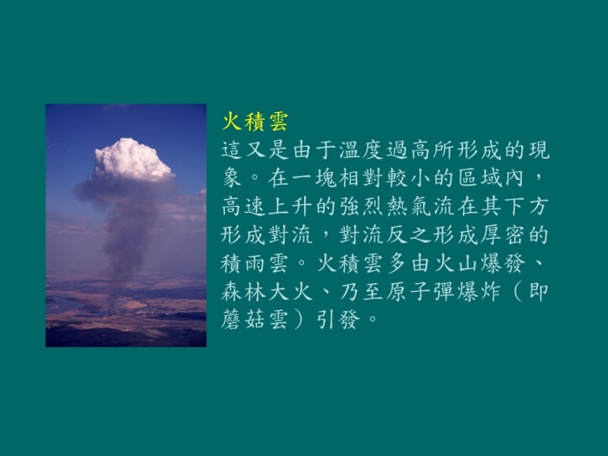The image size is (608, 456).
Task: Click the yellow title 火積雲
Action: tap(254, 122)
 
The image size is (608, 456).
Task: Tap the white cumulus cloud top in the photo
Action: tap(133, 159)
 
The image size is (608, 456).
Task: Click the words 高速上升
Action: tap(268, 207)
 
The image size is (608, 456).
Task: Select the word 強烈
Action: tap(362, 207)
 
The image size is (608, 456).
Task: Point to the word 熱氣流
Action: tap(421, 207)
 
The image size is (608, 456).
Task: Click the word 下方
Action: tap(528, 207)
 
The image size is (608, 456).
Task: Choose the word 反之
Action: tap(410, 235)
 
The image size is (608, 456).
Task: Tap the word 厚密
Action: tap(505, 235)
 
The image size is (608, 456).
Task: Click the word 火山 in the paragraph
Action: tap(457, 263)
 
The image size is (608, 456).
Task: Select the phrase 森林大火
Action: tap(268, 292)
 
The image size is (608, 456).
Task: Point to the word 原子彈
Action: tap(421, 292)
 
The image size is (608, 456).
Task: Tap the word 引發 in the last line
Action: tap(339, 320)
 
